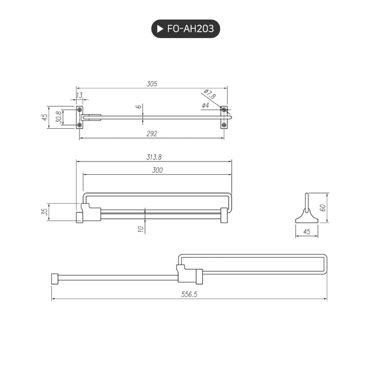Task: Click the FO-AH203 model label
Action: click(x=190, y=29)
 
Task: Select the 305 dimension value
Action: click(x=152, y=84)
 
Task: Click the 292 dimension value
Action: click(x=152, y=133)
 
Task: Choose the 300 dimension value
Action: click(x=157, y=170)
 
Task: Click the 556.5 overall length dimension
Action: click(x=189, y=294)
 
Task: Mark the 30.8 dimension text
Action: click(x=59, y=117)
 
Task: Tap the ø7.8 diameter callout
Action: click(x=209, y=93)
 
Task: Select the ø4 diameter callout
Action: click(x=205, y=105)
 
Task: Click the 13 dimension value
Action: click(x=80, y=95)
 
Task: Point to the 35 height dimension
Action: click(x=44, y=212)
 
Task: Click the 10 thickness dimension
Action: click(x=141, y=228)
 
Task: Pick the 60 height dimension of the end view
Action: click(x=322, y=207)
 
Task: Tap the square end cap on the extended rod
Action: click(x=55, y=279)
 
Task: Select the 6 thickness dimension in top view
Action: click(x=139, y=106)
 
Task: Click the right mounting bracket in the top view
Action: click(x=224, y=117)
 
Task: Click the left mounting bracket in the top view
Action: click(x=80, y=117)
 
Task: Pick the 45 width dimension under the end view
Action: click(x=307, y=232)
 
